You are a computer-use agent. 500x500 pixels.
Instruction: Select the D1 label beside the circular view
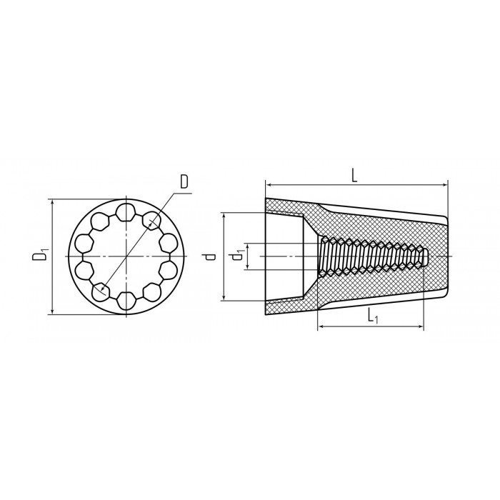point(42,256)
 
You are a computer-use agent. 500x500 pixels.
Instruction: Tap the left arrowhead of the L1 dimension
point(319,328)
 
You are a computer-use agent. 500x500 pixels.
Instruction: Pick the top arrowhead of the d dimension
point(225,215)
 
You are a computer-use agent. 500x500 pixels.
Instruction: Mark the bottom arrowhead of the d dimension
point(225,299)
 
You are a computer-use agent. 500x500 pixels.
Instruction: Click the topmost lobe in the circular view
point(126,211)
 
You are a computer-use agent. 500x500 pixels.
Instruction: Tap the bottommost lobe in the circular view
point(126,300)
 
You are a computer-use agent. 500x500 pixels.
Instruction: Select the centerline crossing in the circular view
point(126,256)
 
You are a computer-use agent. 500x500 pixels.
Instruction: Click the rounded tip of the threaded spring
point(426,256)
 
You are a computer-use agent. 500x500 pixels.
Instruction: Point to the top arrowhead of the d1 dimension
point(248,244)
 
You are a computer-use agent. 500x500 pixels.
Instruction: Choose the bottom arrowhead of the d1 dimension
point(248,268)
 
